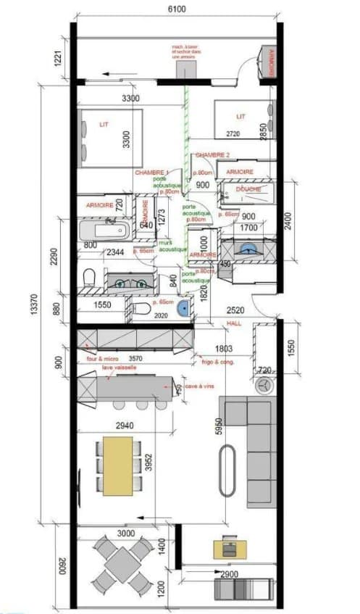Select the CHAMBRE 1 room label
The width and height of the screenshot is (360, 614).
click(x=152, y=173)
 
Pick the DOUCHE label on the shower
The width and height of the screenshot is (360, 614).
click(x=249, y=189)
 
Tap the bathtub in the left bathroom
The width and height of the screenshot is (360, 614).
click(x=104, y=231)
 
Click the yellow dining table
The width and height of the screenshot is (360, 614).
click(x=117, y=465)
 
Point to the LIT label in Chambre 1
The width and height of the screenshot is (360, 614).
click(x=103, y=125)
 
